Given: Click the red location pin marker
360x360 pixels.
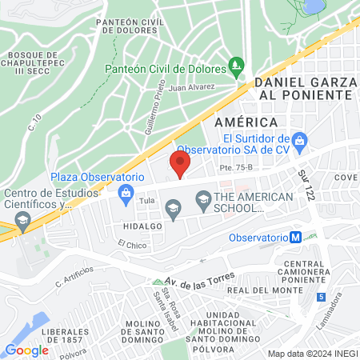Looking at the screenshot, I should pos(180,165).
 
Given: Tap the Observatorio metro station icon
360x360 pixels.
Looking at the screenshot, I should pos(295,238).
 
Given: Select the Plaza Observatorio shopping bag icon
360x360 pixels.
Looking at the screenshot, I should pos(126,192).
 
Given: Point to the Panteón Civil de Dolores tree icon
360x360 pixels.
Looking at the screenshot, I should pos(235,65).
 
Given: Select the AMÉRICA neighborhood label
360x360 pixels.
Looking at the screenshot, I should pos(246,121).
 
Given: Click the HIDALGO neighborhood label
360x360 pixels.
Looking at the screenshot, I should pos(143,226).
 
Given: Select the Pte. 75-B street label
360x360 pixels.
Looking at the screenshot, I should pos(235,168).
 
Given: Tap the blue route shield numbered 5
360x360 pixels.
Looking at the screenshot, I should pos(321,297).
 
